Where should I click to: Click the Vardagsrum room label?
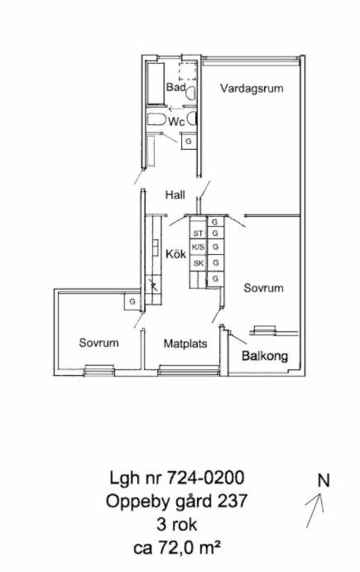click(252, 89)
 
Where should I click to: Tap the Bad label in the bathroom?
click(176, 87)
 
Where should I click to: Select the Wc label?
click(176, 122)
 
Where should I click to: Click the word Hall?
click(175, 195)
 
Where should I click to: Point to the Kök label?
click(175, 253)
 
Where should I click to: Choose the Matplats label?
click(185, 344)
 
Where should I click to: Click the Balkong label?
click(265, 356)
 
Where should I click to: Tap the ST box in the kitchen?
click(198, 233)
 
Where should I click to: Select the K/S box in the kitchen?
click(198, 247)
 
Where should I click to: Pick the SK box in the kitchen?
click(198, 263)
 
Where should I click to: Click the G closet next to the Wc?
click(189, 142)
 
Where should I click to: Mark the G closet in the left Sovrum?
click(132, 301)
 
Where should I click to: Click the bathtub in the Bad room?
click(156, 83)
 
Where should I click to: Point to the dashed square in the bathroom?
click(188, 71)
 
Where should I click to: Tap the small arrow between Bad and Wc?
click(175, 108)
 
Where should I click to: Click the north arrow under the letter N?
click(314, 511)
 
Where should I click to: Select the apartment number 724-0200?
click(205, 478)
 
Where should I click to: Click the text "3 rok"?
click(177, 525)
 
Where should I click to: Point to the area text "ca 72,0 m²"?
click(177, 548)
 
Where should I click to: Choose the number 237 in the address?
click(233, 501)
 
